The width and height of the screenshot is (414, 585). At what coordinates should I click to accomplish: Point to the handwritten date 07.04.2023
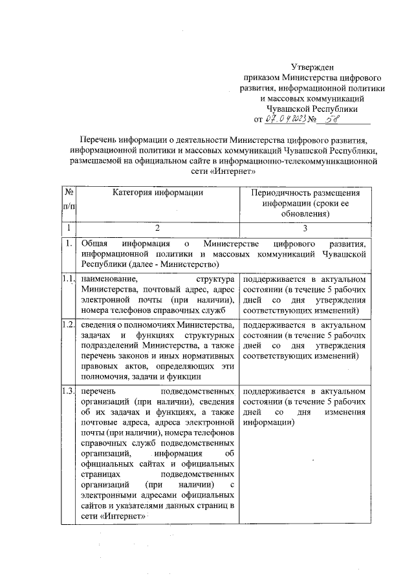coord(282,118)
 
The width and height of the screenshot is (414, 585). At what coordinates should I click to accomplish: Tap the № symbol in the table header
coord(67,193)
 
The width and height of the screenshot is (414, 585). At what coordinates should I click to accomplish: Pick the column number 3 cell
coord(305,228)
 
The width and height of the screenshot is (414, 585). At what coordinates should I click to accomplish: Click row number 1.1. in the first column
coord(68,279)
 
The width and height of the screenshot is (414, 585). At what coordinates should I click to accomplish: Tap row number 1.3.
coord(68,391)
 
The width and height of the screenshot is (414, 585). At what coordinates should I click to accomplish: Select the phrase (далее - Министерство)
coord(172,266)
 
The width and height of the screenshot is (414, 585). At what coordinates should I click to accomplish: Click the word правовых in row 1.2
coord(98,365)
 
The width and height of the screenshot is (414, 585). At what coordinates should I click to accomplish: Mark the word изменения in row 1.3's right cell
coord(346,412)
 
